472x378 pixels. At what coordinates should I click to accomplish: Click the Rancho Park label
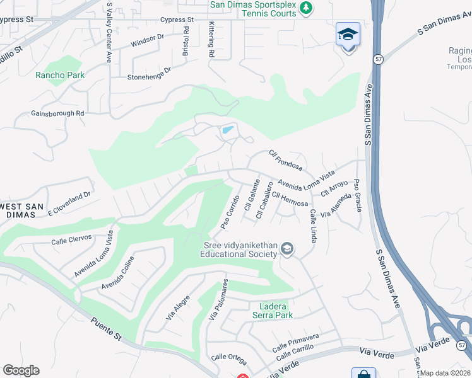(x=60, y=75)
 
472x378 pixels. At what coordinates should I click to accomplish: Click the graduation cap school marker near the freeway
(x=348, y=35)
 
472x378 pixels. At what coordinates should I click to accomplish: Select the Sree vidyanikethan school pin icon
(x=287, y=249)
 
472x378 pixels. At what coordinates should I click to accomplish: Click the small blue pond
(x=227, y=131)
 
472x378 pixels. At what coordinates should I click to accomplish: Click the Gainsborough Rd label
(x=57, y=114)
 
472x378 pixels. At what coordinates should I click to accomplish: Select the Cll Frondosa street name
(x=285, y=160)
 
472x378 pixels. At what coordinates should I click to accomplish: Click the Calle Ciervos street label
(x=71, y=239)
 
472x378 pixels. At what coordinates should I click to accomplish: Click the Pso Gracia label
(x=358, y=195)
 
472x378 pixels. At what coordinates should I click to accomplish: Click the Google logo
(x=21, y=370)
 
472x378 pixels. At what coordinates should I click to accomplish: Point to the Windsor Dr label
(x=147, y=40)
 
